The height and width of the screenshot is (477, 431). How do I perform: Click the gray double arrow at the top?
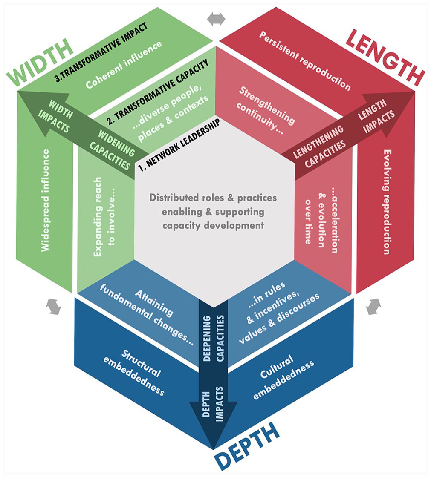click(x=216, y=20)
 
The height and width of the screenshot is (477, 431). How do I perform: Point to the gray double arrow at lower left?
click(x=54, y=306)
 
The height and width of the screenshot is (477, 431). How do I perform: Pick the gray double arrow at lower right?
click(x=373, y=306)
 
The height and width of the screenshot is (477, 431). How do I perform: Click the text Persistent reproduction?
click(x=304, y=60)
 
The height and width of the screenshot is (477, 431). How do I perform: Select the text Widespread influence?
click(x=45, y=200)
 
